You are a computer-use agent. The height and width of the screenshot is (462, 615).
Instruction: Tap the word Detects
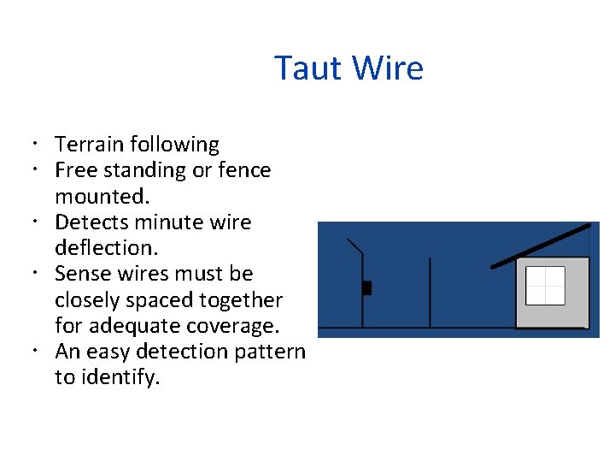click(x=92, y=222)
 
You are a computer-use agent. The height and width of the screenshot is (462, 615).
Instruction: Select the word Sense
click(x=81, y=274)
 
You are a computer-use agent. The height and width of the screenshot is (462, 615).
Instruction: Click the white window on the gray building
click(x=545, y=286)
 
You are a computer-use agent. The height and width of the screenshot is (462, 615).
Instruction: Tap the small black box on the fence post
click(x=366, y=287)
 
